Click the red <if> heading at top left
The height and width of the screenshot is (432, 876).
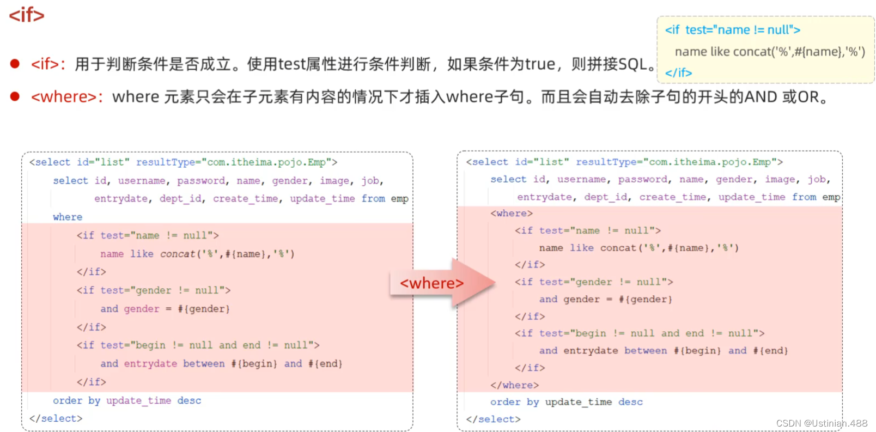click(x=26, y=15)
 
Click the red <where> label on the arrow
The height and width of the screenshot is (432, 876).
click(x=431, y=283)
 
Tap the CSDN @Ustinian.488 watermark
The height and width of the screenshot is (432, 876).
click(x=822, y=423)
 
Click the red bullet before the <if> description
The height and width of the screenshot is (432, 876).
click(x=15, y=64)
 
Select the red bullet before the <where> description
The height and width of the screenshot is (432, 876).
click(x=15, y=96)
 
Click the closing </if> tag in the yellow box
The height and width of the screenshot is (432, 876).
click(x=678, y=72)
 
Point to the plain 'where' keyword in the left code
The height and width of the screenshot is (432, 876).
click(x=68, y=217)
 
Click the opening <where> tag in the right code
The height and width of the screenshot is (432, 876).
click(x=512, y=213)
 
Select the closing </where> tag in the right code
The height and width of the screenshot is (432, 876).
click(x=514, y=385)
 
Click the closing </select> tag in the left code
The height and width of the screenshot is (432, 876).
click(x=56, y=418)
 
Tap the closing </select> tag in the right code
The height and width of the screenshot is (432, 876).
click(x=493, y=419)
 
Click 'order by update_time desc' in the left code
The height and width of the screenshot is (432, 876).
click(x=127, y=400)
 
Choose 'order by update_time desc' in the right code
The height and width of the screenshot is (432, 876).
click(x=566, y=402)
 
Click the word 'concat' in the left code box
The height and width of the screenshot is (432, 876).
click(x=178, y=254)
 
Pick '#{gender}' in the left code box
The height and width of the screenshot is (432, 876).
click(x=204, y=309)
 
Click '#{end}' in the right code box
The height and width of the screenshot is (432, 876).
click(x=770, y=351)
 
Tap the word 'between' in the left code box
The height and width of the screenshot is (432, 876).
click(x=204, y=363)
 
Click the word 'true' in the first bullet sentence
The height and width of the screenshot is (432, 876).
click(x=540, y=64)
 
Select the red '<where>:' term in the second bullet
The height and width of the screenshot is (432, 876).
click(x=67, y=97)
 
